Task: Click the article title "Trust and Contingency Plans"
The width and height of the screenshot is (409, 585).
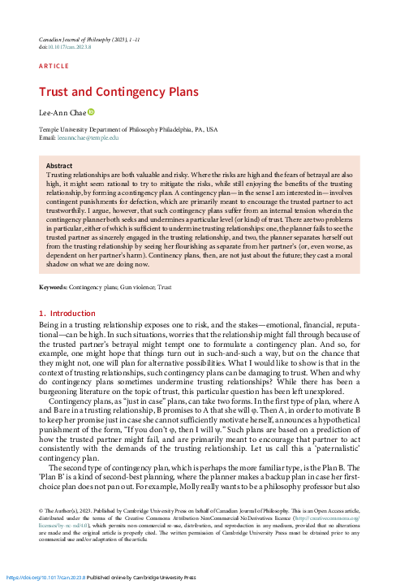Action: [x=110, y=93]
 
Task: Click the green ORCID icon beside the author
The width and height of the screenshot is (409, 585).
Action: [x=92, y=113]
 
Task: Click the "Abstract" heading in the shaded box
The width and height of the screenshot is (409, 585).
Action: [x=61, y=165]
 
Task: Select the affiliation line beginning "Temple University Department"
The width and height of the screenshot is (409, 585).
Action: [x=128, y=129]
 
